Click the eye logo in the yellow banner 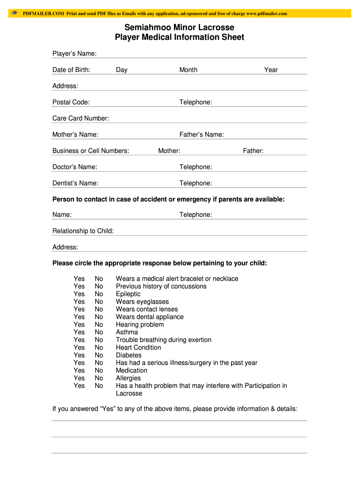click(x=14, y=13)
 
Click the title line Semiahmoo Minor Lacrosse click(x=179, y=28)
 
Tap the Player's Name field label click(x=74, y=54)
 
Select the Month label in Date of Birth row click(x=188, y=70)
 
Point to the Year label click(x=271, y=70)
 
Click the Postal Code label click(x=71, y=102)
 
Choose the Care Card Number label click(x=80, y=118)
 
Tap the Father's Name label click(x=202, y=135)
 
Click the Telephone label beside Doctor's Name click(x=195, y=167)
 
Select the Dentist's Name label click(x=75, y=183)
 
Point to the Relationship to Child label click(x=83, y=231)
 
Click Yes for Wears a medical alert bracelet click(x=79, y=279)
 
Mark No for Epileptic click(x=99, y=294)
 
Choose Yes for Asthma click(x=79, y=332)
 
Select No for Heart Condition click(x=99, y=348)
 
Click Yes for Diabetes click(x=79, y=355)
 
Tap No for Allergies click(x=99, y=378)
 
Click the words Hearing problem click(x=140, y=325)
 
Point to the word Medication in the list click(x=131, y=370)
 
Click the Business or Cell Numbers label click(x=91, y=151)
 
